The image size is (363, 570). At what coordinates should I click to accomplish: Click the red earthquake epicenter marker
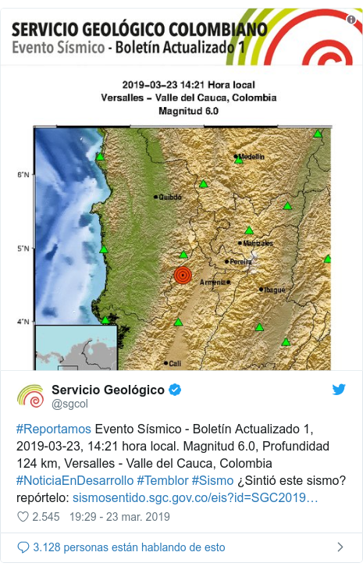point(183,275)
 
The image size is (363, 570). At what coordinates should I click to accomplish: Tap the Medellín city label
point(251,157)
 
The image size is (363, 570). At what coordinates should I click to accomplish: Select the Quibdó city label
point(169,198)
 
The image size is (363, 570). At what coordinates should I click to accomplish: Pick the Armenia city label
point(212,282)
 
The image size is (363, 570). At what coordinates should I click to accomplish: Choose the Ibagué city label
point(274,290)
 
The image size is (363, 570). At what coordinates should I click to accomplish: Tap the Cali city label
point(175,363)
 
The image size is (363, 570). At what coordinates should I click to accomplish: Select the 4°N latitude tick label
point(23,321)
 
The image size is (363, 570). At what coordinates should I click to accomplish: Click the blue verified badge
point(176,390)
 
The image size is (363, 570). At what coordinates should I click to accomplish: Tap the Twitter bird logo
point(339,390)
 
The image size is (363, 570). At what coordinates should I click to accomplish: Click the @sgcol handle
point(69,404)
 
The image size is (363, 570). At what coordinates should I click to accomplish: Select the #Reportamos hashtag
point(53,430)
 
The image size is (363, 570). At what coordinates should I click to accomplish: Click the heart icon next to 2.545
point(21,517)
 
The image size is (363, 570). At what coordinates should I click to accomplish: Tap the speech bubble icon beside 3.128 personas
point(21,547)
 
